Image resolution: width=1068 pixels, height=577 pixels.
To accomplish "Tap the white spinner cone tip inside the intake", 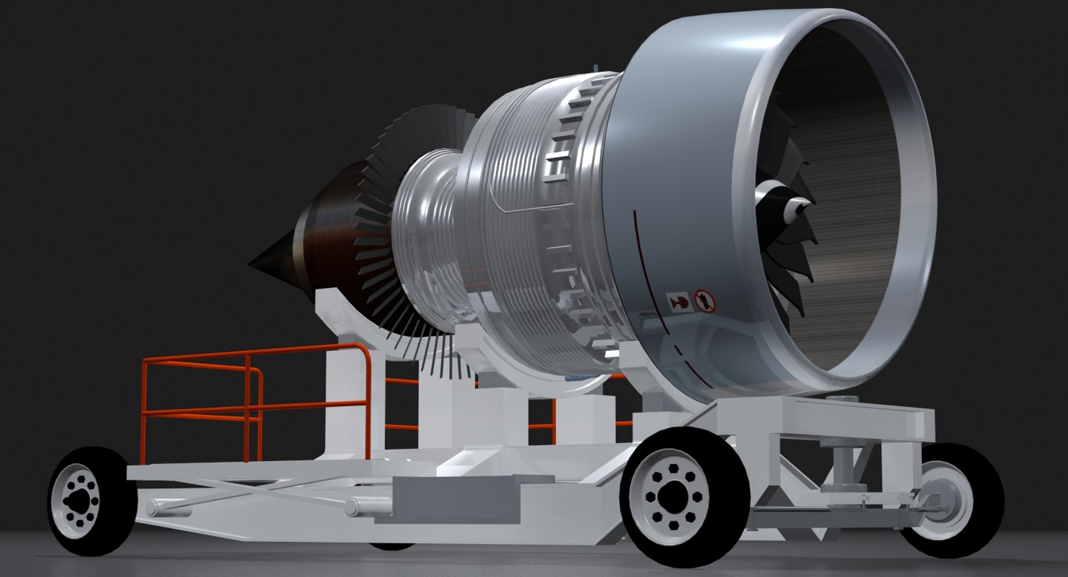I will point(799,210).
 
